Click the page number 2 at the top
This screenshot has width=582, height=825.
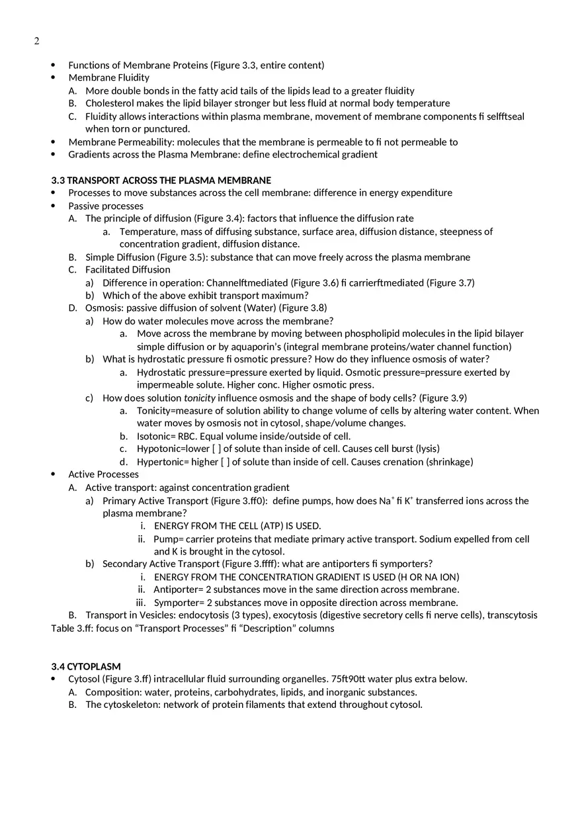36,41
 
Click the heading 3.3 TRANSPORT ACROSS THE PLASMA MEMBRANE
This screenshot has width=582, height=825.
161,181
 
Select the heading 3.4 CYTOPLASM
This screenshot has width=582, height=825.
86,666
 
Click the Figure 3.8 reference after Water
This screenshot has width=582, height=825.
303,308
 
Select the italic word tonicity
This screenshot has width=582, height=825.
199,398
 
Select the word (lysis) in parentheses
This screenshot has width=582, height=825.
427,449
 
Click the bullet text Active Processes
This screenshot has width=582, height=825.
103,474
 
